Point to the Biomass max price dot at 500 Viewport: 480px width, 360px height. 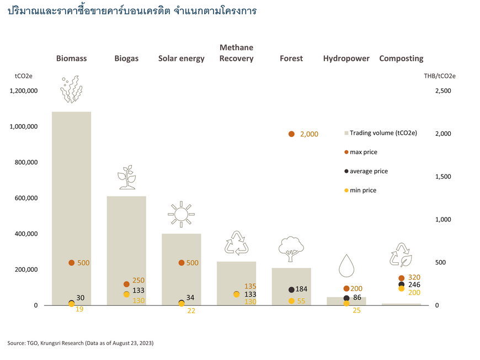[x=71, y=263]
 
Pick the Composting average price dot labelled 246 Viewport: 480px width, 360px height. [x=402, y=285]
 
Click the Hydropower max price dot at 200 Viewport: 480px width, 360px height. [x=346, y=289]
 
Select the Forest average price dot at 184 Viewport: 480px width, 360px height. [x=291, y=290]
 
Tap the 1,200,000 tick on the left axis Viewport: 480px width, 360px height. [x=23, y=91]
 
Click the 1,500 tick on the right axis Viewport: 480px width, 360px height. [x=444, y=177]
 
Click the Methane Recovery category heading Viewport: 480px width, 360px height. [x=236, y=53]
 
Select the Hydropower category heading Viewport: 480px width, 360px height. [x=346, y=59]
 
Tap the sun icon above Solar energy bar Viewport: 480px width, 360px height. [x=181, y=214]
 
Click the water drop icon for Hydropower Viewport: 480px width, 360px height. [x=346, y=265]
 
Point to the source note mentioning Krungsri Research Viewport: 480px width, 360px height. [x=81, y=343]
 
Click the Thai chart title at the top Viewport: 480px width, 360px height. [x=132, y=10]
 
